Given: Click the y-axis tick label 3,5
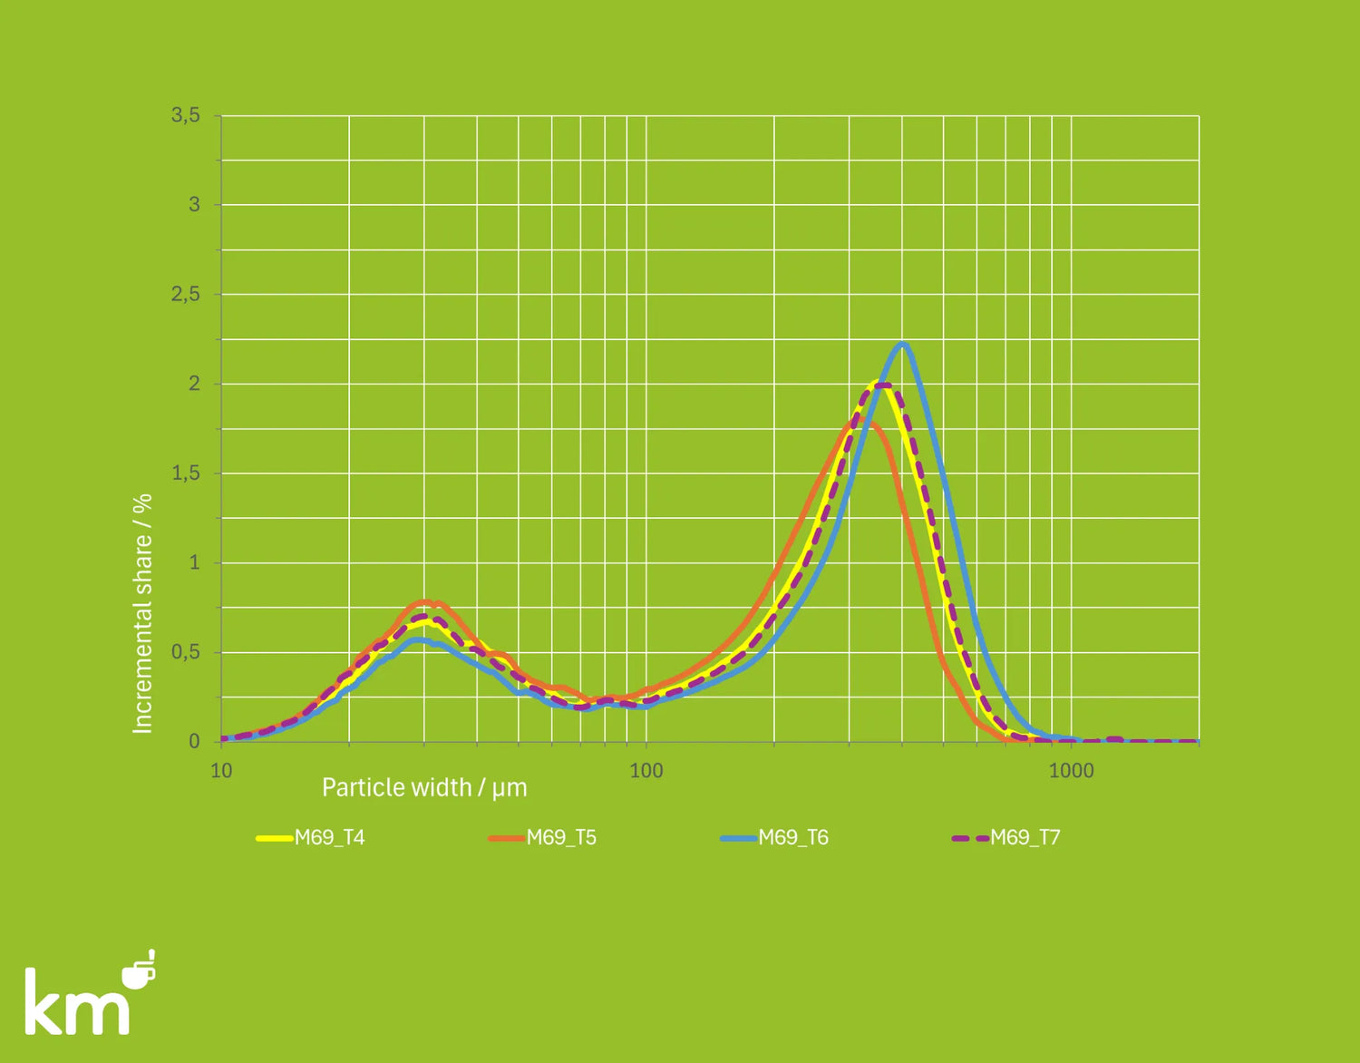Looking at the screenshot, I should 185,115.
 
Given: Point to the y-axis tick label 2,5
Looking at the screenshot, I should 185,294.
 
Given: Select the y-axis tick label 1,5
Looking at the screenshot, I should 185,473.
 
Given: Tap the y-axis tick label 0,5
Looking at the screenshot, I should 185,652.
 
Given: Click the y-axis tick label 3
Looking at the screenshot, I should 194,205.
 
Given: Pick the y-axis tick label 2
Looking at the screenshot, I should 194,384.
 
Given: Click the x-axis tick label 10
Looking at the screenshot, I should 221,771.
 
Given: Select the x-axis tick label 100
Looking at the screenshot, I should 646,771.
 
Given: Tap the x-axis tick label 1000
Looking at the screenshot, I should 1071,771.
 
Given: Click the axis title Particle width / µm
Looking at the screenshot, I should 424,787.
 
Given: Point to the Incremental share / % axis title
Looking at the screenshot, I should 142,613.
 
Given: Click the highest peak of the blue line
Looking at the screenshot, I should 902,344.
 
